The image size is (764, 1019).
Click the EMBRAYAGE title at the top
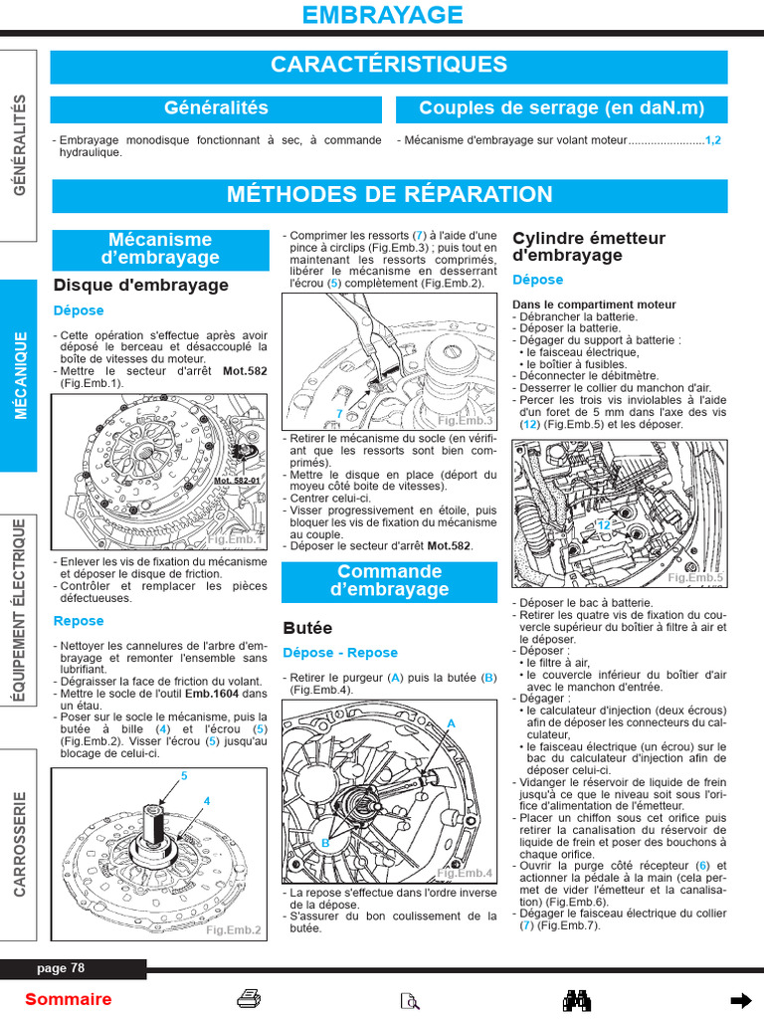382,15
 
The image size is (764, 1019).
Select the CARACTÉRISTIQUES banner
389,66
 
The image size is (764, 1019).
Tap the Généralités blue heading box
216,108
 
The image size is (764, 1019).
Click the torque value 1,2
712,140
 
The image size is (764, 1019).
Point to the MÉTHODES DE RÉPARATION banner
389,195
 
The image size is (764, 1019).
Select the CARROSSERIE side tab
20,844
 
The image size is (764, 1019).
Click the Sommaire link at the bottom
69,999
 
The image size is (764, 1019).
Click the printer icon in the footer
249,999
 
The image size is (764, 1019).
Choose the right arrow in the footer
739,999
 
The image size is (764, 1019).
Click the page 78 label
62,968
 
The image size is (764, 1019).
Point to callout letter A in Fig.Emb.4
451,723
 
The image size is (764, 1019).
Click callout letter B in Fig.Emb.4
324,843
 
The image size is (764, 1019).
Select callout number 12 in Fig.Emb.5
603,524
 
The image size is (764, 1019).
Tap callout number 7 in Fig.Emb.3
339,412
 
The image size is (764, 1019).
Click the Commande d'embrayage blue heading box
389,581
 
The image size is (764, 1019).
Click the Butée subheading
307,629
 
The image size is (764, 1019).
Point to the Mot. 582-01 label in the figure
237,481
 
